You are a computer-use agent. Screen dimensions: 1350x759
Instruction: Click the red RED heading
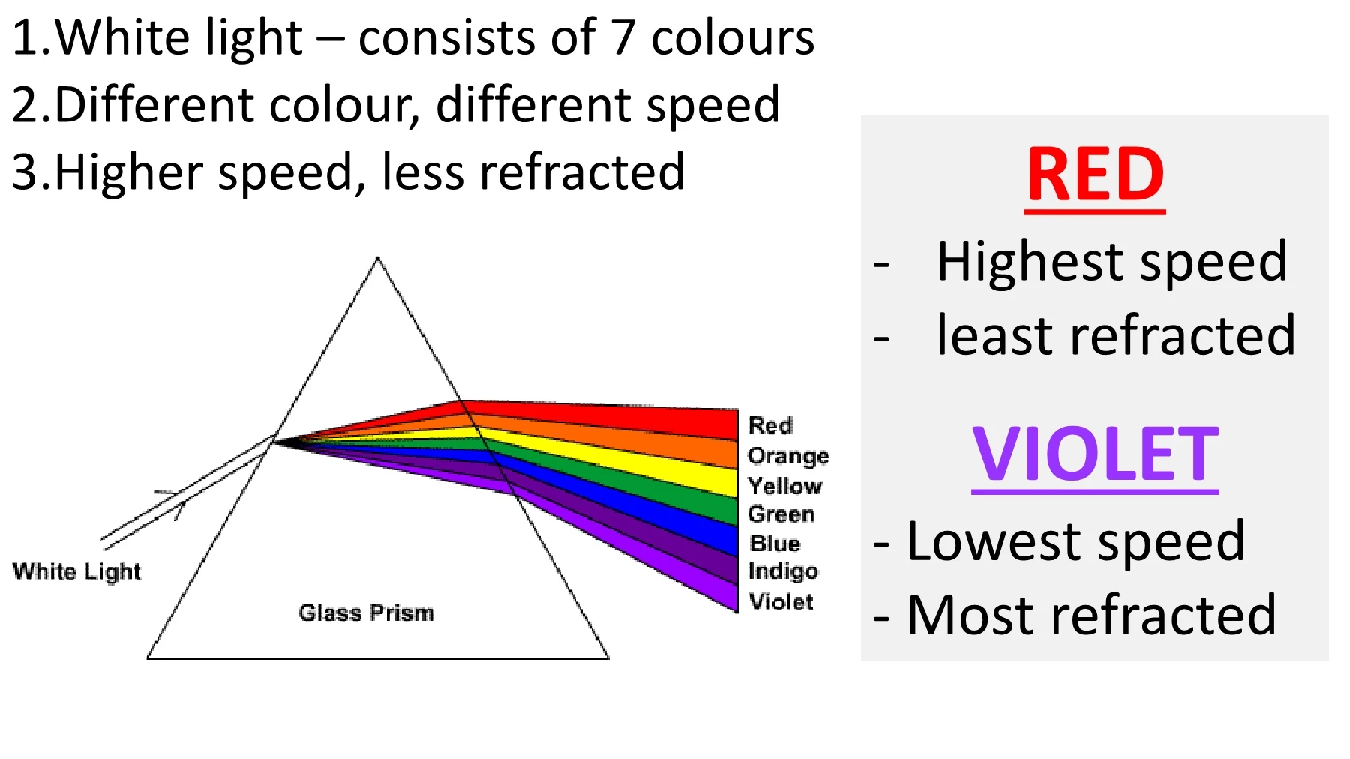click(1095, 175)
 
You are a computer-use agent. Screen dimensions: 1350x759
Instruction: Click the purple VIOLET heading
click(1095, 454)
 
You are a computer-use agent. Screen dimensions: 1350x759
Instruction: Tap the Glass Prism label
click(366, 613)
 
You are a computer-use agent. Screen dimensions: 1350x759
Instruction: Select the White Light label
click(76, 571)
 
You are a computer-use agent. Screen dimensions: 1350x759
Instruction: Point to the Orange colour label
click(788, 456)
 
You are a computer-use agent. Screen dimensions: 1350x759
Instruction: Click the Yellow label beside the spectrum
click(785, 486)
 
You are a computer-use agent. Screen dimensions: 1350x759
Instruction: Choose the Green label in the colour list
click(781, 514)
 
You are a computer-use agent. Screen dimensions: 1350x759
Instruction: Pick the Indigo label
click(783, 571)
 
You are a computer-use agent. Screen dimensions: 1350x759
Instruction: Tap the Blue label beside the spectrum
click(775, 543)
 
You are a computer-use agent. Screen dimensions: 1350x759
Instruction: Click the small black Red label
click(770, 425)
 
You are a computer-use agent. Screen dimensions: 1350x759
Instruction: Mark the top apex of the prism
click(378, 258)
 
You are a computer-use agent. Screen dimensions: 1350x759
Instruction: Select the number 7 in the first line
click(623, 37)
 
